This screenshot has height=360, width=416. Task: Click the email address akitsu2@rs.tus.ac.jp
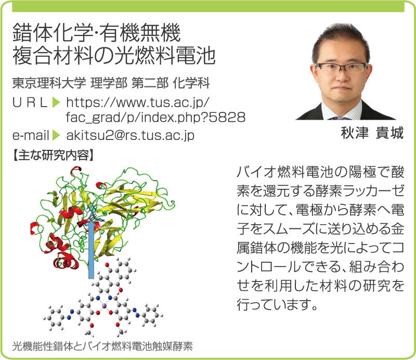click(131, 135)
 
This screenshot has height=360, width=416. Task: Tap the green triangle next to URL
click(56, 102)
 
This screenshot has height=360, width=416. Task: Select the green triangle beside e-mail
click(56, 135)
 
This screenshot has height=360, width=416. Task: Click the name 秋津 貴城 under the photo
click(372, 133)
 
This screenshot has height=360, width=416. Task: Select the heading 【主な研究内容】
click(53, 155)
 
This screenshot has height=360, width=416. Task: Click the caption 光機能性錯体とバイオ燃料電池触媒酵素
click(102, 346)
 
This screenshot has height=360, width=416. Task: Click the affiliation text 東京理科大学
click(49, 83)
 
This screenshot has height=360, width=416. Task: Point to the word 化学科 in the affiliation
click(191, 83)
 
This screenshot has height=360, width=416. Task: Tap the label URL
click(30, 102)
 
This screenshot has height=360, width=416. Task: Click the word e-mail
click(31, 135)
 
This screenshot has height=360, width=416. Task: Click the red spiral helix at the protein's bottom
click(66, 260)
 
